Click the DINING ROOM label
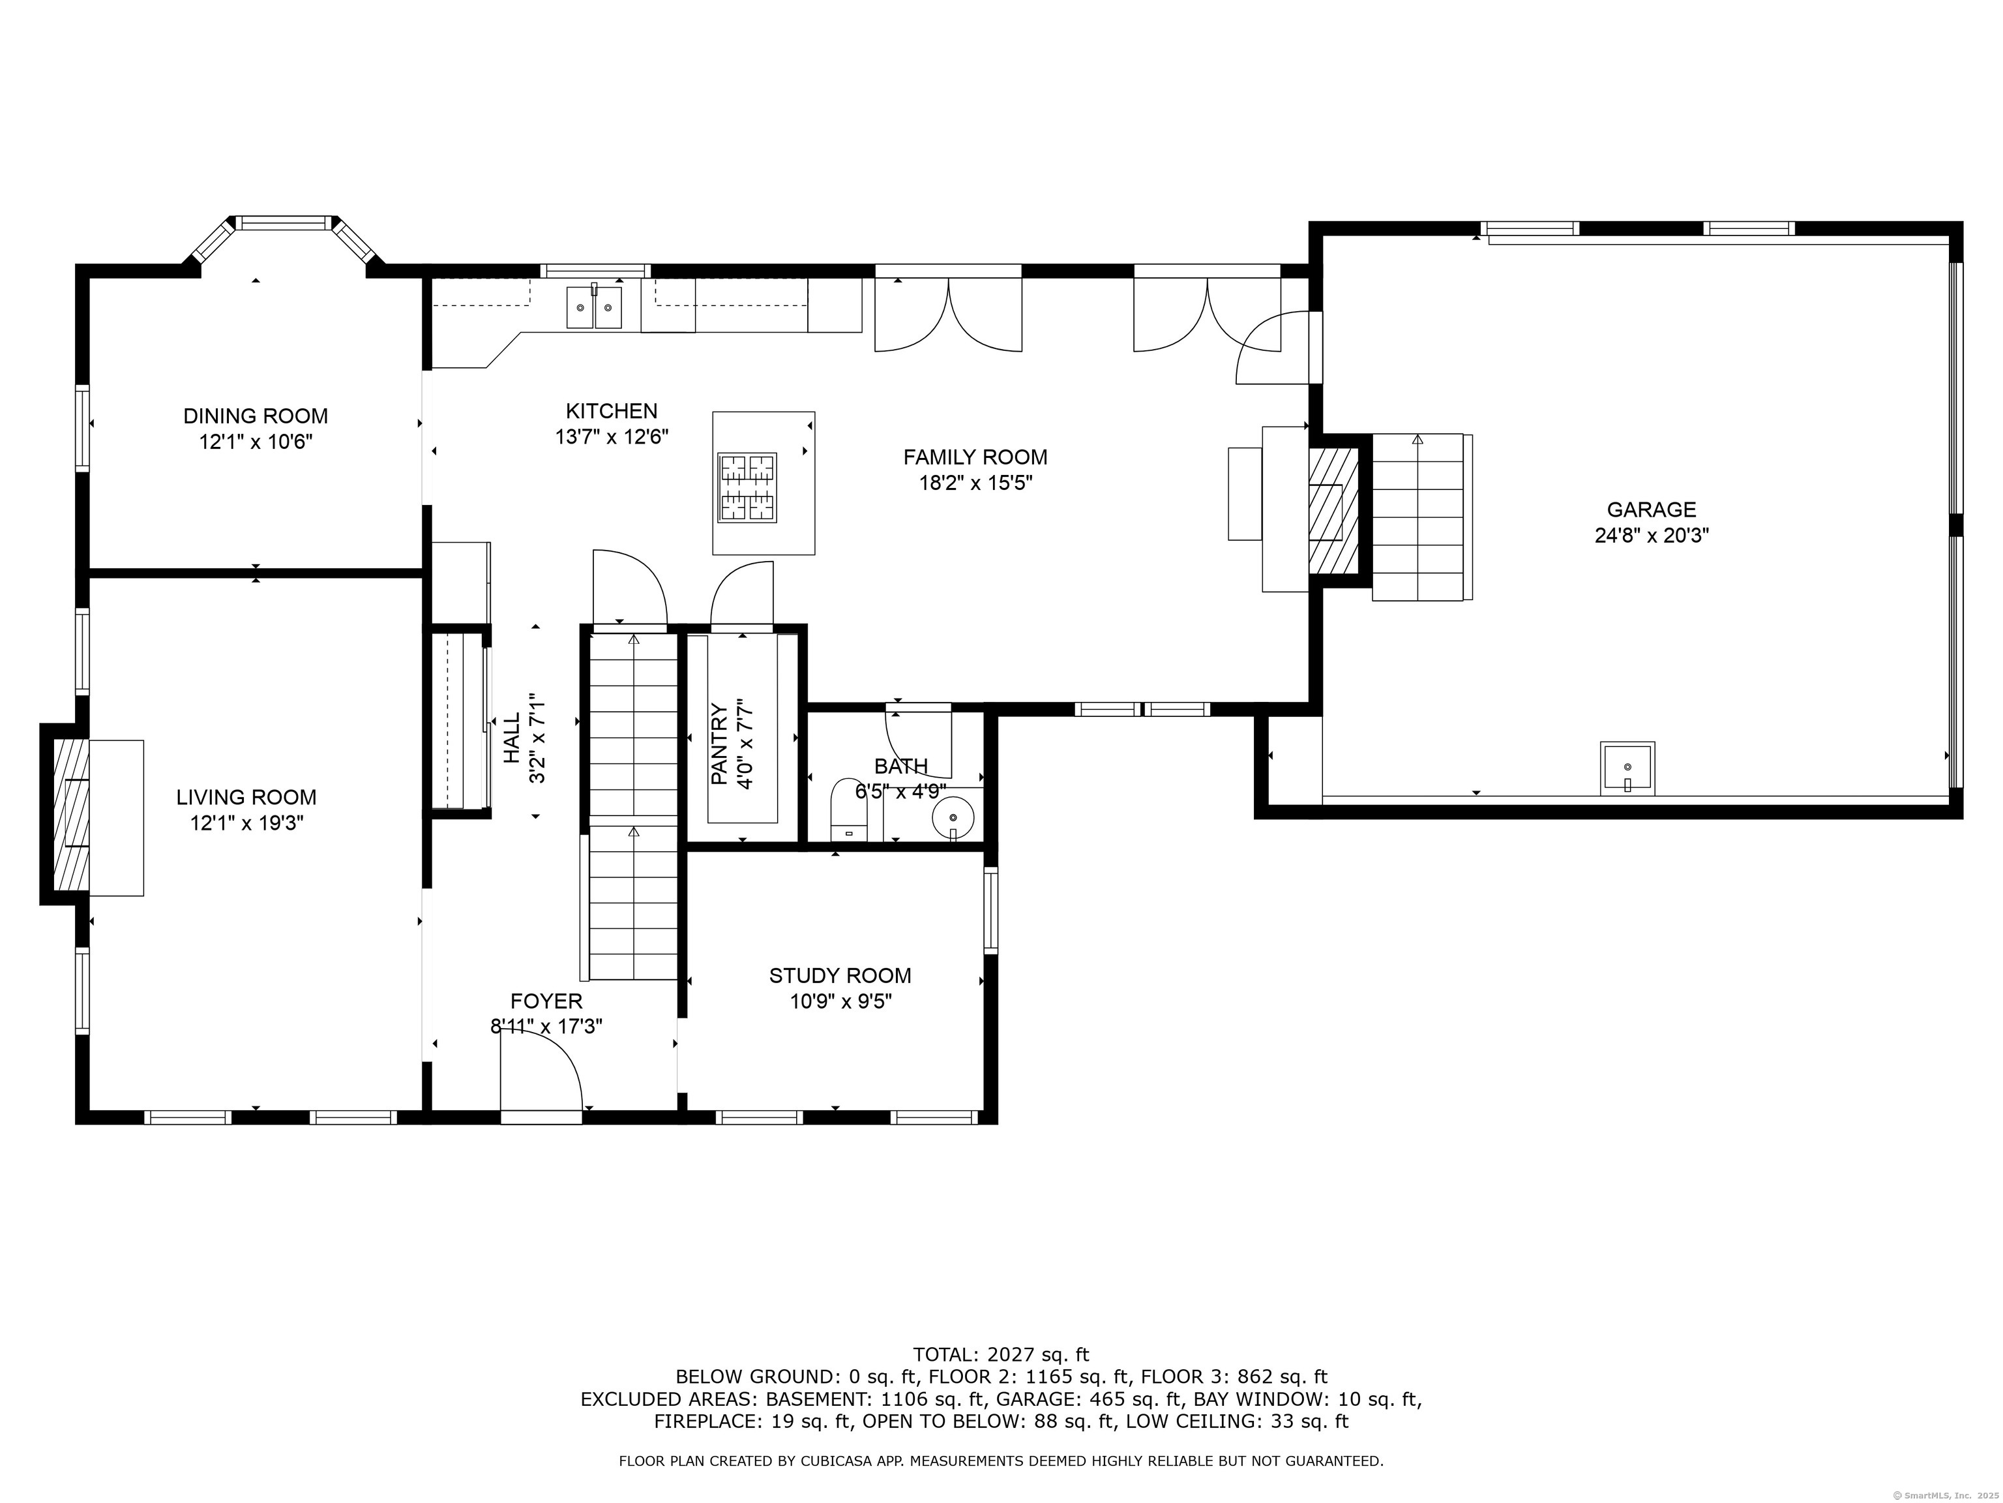click(x=256, y=416)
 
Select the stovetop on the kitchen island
click(x=747, y=487)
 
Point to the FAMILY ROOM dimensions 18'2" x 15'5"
click(x=975, y=483)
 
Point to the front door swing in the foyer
click(x=541, y=1070)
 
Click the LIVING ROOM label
click(x=246, y=797)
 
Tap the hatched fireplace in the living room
click(x=72, y=815)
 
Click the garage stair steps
click(x=1418, y=517)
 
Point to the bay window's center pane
click(x=285, y=222)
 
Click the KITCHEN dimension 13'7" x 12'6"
click(x=612, y=436)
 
